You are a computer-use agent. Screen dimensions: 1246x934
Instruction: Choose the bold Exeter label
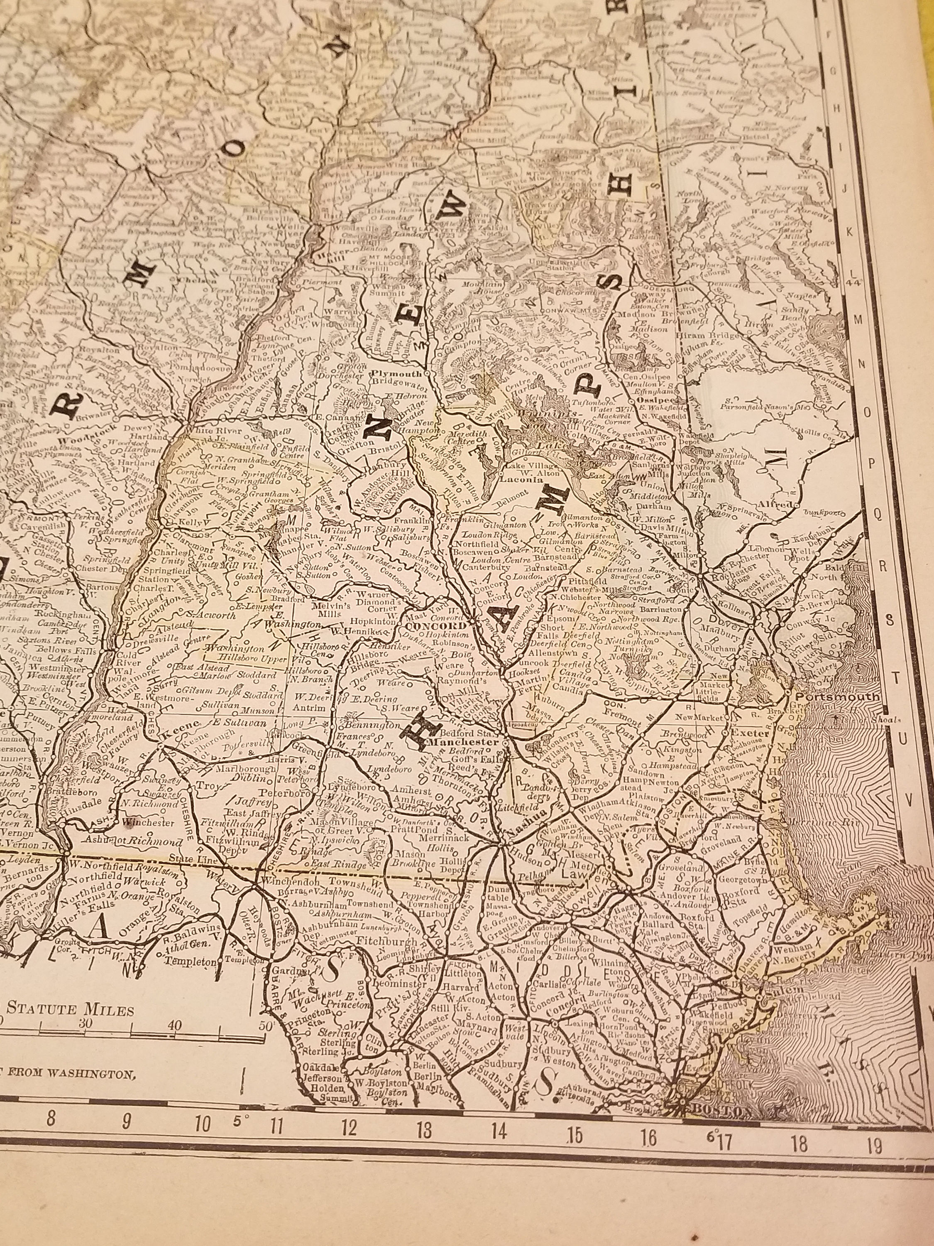tap(748, 734)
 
